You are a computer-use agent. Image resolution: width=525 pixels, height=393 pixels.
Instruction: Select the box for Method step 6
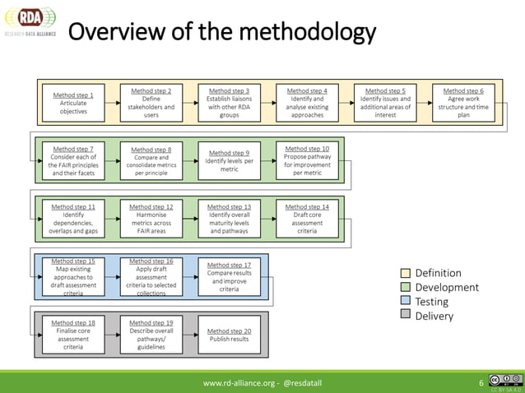click(463, 103)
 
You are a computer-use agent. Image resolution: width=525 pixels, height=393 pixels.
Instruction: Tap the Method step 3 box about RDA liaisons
click(230, 103)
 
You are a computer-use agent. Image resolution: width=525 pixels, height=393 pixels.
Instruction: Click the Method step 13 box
click(230, 219)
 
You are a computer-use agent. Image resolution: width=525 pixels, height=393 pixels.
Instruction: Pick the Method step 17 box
click(230, 276)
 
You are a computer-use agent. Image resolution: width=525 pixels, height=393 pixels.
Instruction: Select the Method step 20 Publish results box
click(230, 335)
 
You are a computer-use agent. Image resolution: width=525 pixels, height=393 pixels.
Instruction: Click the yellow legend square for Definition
click(404, 273)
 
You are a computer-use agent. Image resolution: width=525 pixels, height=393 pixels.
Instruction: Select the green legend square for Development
click(404, 287)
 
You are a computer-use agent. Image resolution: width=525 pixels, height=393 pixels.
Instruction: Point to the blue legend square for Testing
click(404, 302)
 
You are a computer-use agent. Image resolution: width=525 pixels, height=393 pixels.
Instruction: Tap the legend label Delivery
click(434, 317)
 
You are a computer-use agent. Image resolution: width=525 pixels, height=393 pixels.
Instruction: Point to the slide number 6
click(481, 383)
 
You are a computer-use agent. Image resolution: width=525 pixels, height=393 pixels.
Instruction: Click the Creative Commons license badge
click(504, 381)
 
